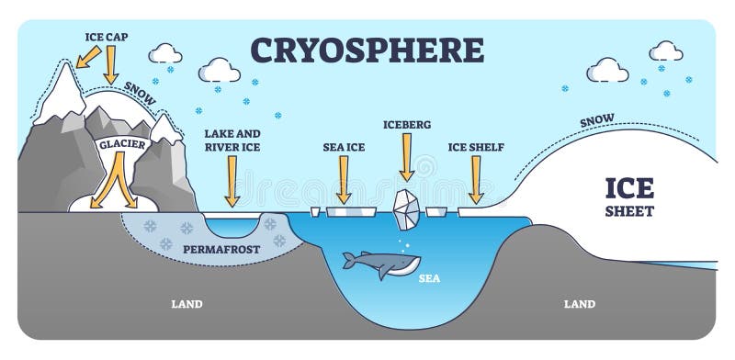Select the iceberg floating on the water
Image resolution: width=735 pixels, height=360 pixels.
tap(406, 208)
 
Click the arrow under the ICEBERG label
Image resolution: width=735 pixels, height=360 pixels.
tap(406, 161)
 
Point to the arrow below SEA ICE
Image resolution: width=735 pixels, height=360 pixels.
tap(344, 179)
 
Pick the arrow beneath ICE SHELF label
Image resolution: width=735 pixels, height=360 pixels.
tap(475, 179)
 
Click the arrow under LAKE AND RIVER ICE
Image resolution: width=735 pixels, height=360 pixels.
tap(232, 180)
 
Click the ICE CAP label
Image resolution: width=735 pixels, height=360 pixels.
tap(108, 36)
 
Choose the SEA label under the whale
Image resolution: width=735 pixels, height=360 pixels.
tap(428, 277)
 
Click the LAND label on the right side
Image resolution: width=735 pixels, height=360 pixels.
tap(579, 304)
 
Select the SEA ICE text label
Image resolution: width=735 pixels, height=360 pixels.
tap(344, 145)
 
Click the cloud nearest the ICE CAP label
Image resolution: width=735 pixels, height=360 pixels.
tap(165, 52)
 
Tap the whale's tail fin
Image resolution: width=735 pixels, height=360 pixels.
tap(349, 261)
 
